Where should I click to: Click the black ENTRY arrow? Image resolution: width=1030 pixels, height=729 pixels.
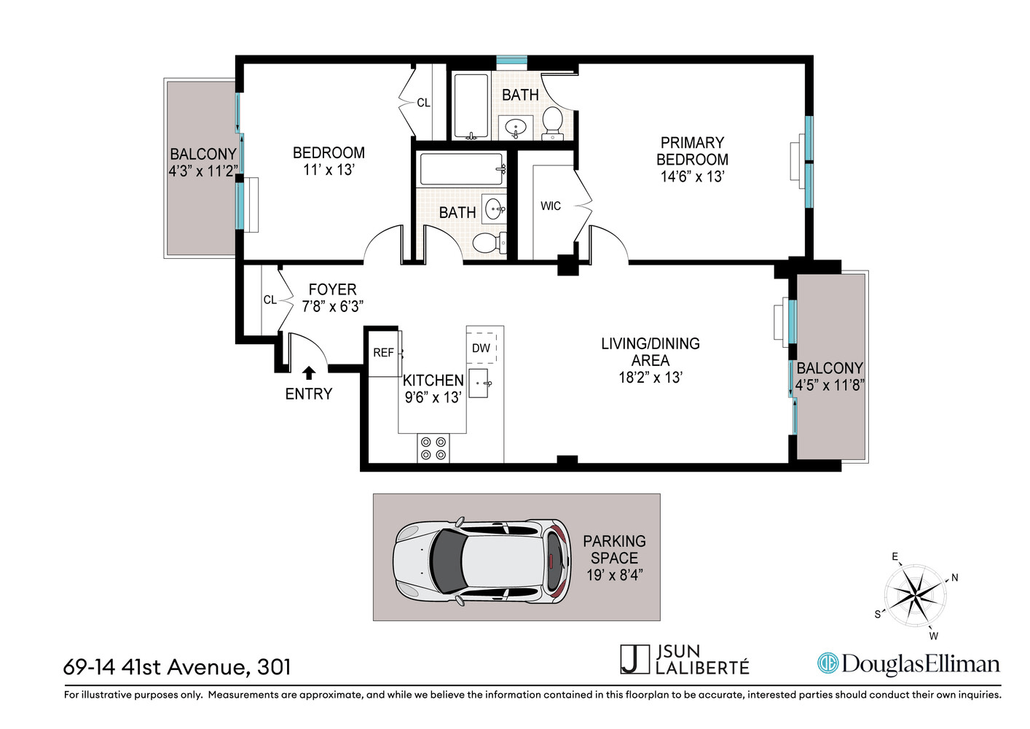point(309,373)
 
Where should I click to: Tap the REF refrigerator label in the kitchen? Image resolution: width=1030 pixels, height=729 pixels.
point(383,353)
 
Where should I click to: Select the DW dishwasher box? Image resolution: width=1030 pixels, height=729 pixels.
point(481,348)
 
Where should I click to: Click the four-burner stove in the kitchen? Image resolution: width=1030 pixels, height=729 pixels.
point(433,448)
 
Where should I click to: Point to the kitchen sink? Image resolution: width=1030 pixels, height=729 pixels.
point(479,383)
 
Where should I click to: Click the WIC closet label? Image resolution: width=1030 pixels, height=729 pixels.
point(551,206)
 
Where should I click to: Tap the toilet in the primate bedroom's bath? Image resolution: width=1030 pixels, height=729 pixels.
point(552,123)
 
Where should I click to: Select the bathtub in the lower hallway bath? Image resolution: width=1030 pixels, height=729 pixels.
point(461,169)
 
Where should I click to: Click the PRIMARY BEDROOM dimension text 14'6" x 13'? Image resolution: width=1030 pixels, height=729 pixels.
point(693,176)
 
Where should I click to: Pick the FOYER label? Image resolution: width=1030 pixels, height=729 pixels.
point(332,289)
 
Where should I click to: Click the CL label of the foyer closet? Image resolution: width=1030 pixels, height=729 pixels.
point(270,300)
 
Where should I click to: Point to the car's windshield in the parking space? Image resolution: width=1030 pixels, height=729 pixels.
point(447,561)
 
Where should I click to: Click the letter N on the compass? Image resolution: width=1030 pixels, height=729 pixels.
point(954,577)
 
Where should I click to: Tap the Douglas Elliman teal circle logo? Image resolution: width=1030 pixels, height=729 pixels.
point(827,663)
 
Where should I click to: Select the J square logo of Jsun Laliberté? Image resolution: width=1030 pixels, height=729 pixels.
point(634,659)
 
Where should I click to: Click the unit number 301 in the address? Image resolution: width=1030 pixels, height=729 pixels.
point(274,667)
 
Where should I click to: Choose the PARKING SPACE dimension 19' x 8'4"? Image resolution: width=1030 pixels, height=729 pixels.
point(614,575)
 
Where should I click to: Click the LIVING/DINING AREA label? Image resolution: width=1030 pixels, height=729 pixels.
point(650,351)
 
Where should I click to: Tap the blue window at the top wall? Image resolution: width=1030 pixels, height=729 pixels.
point(511,61)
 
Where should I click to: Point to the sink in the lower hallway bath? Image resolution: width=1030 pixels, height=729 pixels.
point(493,209)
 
